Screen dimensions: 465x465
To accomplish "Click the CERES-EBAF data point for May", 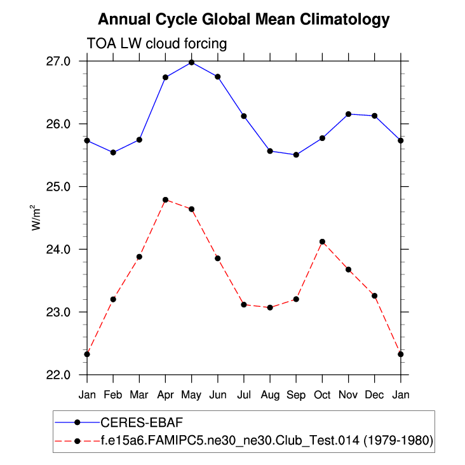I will pyautogui.click(x=191, y=62).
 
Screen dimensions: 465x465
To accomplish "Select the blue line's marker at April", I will pyautogui.click(x=165, y=77).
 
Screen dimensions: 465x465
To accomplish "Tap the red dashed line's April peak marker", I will pyautogui.click(x=165, y=200).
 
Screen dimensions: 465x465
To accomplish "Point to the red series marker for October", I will pyautogui.click(x=322, y=241).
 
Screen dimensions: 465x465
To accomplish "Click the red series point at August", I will pyautogui.click(x=270, y=307).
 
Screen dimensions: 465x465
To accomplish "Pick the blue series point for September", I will pyautogui.click(x=296, y=155).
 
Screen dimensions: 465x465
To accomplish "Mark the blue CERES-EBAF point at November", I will pyautogui.click(x=348, y=114).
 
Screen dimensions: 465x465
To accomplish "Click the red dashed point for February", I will pyautogui.click(x=113, y=299).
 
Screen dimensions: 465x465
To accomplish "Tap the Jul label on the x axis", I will pyautogui.click(x=244, y=395).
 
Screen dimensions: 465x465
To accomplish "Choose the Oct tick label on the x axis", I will pyautogui.click(x=322, y=395).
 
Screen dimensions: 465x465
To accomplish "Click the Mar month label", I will pyautogui.click(x=139, y=395).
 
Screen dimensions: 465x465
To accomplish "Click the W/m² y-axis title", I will pyautogui.click(x=37, y=218).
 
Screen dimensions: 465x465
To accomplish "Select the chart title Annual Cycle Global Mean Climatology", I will pyautogui.click(x=244, y=20).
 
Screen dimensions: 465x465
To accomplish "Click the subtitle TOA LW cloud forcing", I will pyautogui.click(x=156, y=43).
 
